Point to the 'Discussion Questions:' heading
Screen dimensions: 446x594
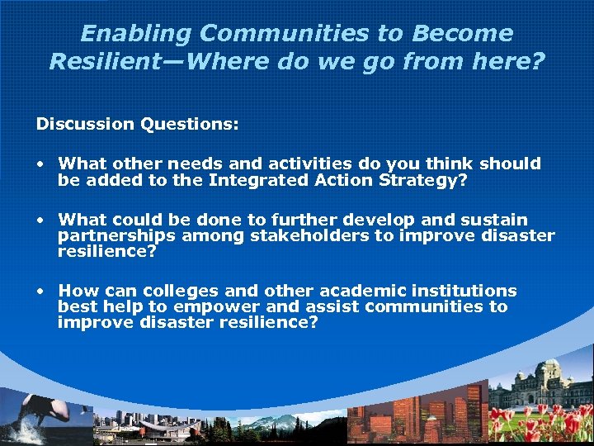(137, 124)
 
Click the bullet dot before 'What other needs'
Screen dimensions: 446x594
(40, 164)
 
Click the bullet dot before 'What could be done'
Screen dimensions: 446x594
(40, 221)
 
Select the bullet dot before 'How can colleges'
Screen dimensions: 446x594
(40, 292)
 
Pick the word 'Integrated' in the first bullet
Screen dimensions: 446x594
(258, 179)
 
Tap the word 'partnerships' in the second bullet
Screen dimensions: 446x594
(116, 236)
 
